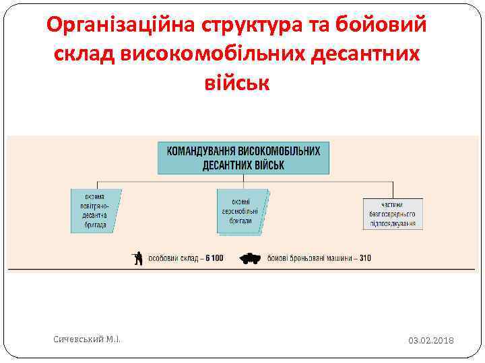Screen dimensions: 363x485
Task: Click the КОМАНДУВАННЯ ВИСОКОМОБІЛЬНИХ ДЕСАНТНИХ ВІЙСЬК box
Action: coord(243,158)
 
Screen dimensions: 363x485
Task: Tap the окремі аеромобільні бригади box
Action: coord(242,211)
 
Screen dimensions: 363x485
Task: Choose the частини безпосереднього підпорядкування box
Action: coord(393,214)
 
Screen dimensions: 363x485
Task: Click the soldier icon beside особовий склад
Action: coord(138,258)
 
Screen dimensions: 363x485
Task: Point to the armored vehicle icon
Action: coord(250,258)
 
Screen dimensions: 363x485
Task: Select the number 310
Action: coord(365,258)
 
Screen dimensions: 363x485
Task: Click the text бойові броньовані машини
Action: coord(309,258)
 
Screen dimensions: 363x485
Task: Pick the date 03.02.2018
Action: coord(431,341)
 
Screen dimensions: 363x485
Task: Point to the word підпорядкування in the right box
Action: coord(393,223)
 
